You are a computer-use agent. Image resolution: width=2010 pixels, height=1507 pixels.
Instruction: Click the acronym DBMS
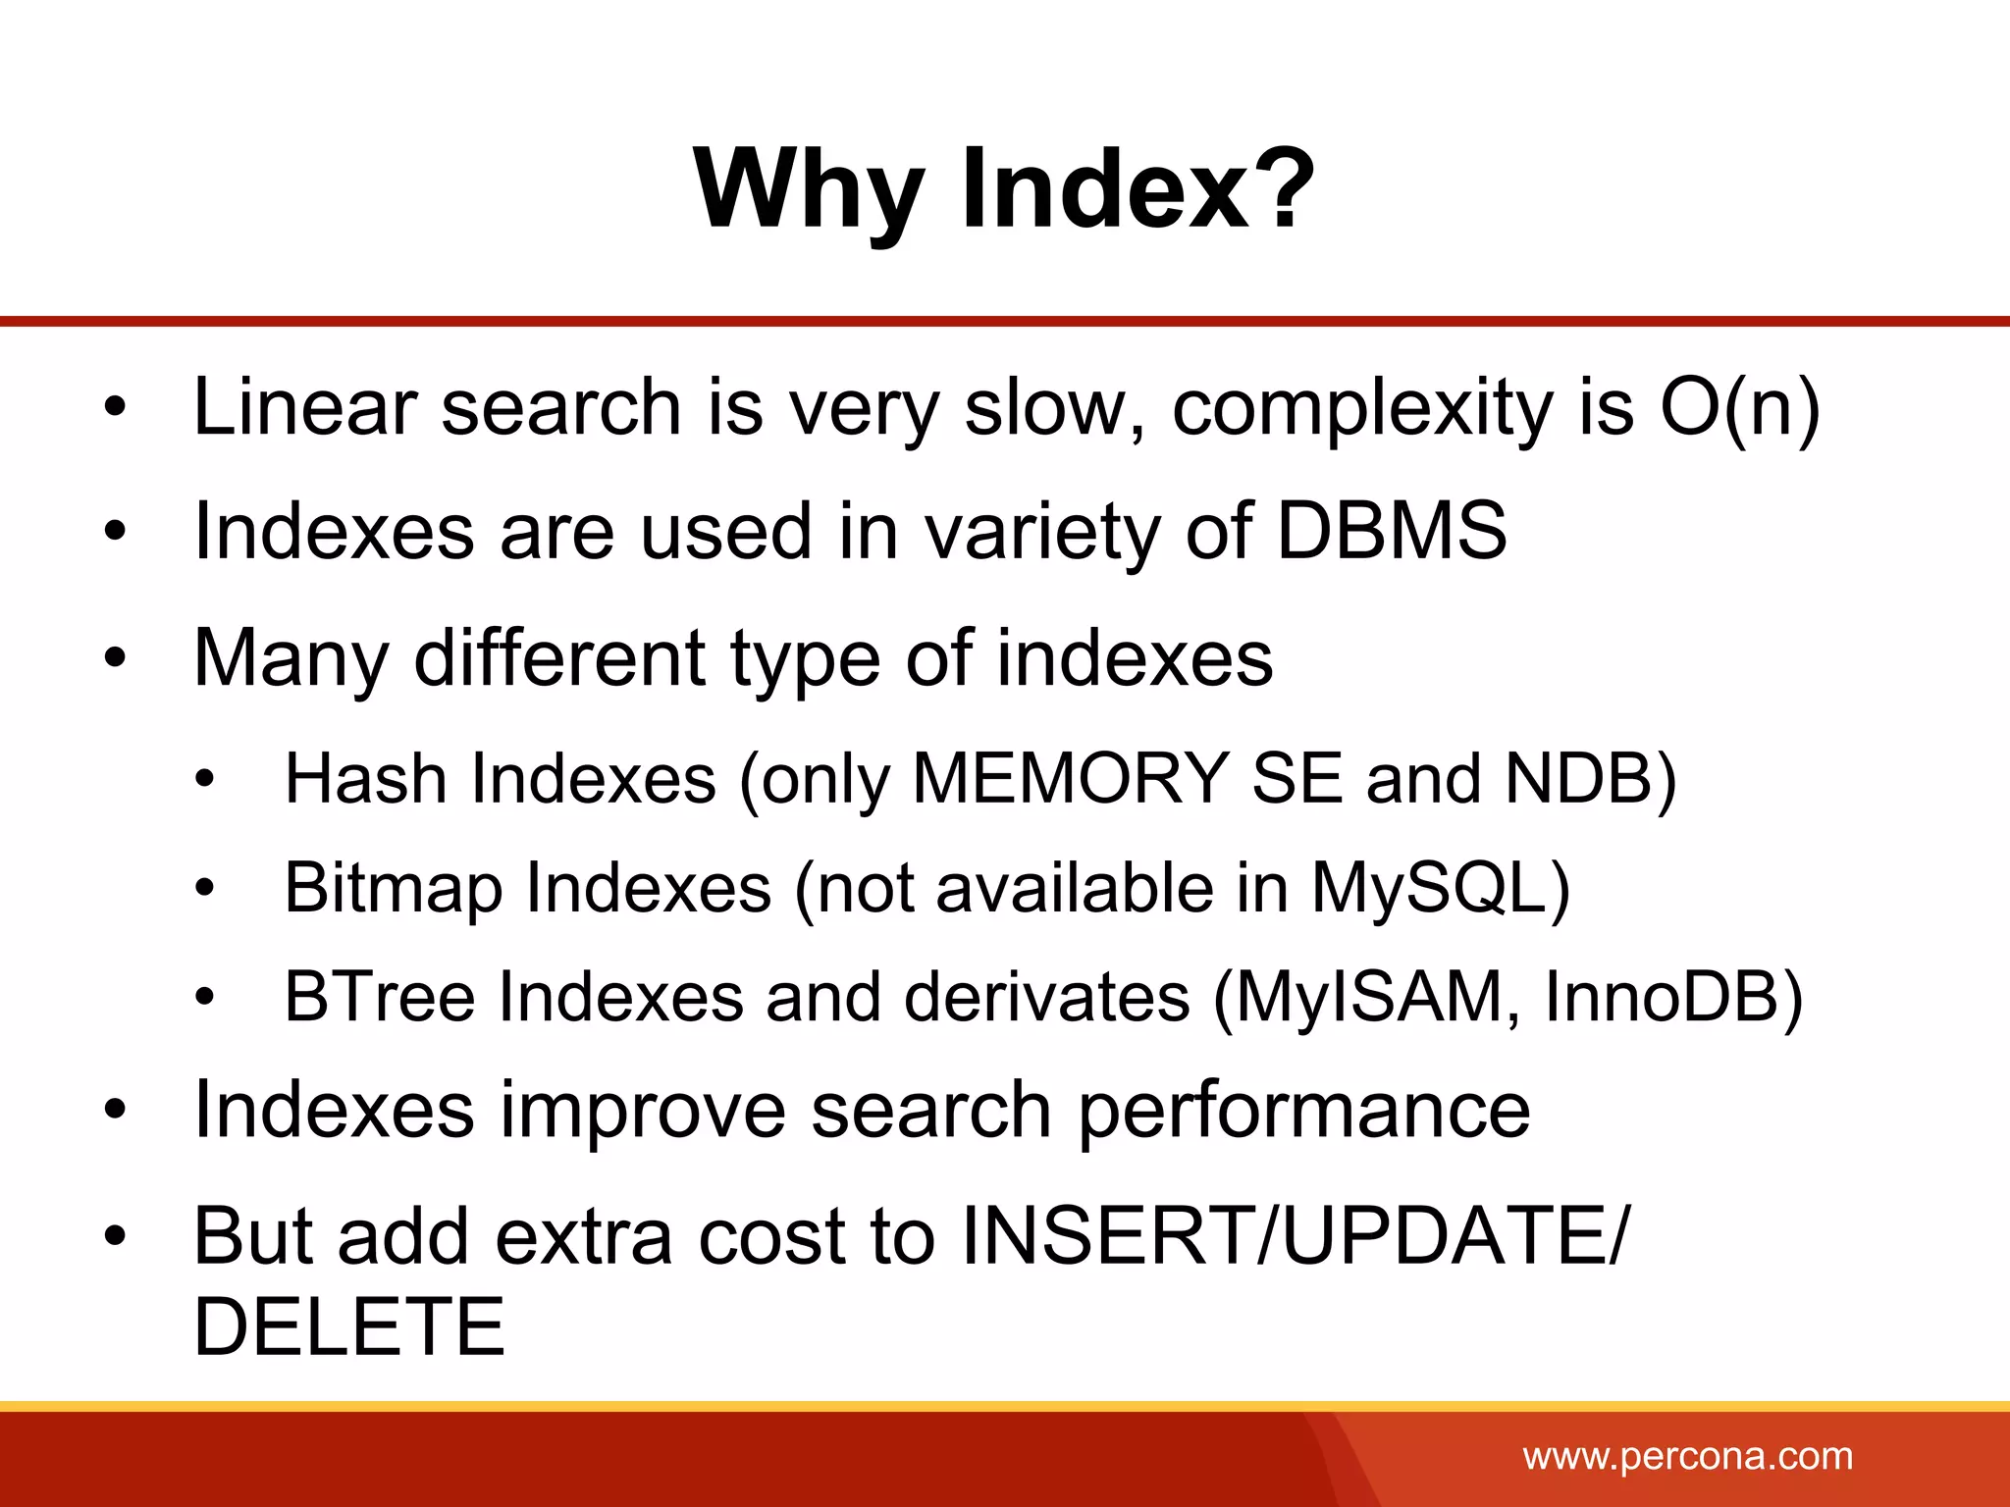1391,531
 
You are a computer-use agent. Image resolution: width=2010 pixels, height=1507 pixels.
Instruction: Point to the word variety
1042,533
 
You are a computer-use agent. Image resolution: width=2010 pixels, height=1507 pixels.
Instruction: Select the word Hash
365,779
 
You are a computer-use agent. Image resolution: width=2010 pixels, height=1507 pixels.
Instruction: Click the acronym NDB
1579,779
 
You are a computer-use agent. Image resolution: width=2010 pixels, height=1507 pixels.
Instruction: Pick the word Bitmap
393,889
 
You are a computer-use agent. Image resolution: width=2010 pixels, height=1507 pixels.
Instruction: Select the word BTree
379,998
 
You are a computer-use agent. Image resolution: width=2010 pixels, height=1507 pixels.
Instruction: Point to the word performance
1304,1112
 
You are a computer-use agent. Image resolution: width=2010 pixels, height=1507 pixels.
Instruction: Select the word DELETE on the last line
349,1326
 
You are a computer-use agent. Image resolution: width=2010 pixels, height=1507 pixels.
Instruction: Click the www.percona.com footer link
1687,1456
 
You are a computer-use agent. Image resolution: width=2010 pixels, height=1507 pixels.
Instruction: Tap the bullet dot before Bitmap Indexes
204,890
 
